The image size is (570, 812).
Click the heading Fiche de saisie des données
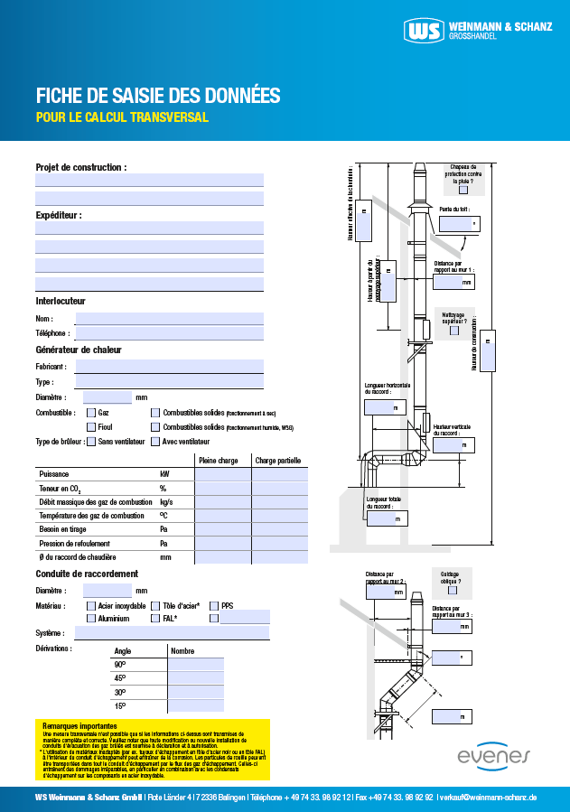click(158, 96)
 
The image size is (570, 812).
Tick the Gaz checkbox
click(91, 412)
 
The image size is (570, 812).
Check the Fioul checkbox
click(91, 427)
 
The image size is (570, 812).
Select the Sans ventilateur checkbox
click(91, 442)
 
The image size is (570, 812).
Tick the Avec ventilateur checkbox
click(155, 442)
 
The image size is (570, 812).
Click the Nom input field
click(169, 319)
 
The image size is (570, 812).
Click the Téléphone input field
click(169, 333)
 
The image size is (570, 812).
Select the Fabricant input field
click(169, 367)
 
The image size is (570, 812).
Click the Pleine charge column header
click(218, 461)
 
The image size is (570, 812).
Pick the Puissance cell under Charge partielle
click(279, 474)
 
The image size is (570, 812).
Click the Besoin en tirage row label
click(68, 530)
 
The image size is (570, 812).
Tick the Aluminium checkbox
click(91, 619)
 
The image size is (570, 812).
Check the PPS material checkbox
click(214, 606)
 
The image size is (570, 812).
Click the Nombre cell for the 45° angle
click(196, 678)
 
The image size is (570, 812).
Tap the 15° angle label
click(119, 705)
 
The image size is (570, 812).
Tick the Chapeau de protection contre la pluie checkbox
click(463, 190)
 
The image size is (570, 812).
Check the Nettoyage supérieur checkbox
click(453, 331)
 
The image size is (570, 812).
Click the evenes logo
click(493, 755)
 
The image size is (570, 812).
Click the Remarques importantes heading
click(79, 726)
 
